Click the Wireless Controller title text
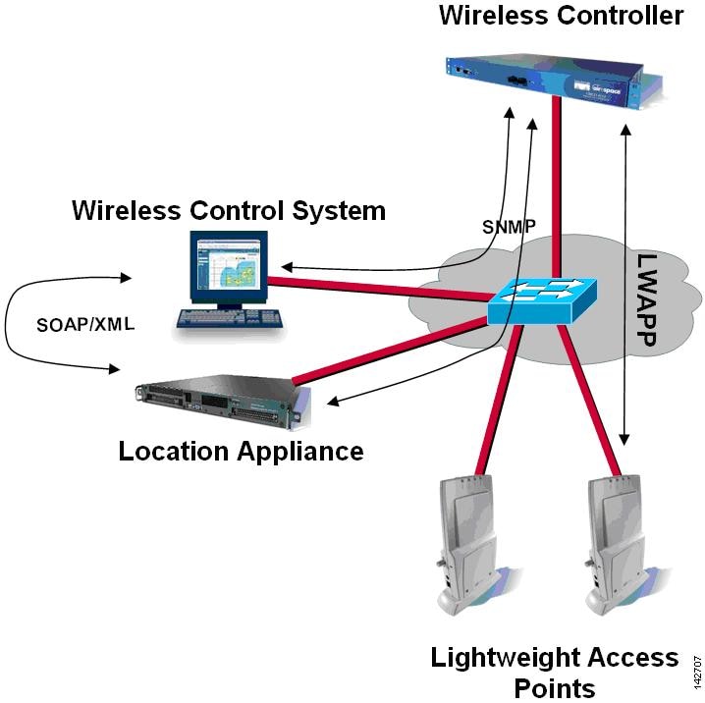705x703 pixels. pyautogui.click(x=561, y=17)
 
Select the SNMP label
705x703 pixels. pyautogui.click(x=509, y=226)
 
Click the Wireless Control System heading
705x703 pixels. pyautogui.click(x=229, y=210)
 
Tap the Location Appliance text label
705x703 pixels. pyautogui.click(x=241, y=451)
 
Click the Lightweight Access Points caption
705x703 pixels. pyautogui.click(x=555, y=672)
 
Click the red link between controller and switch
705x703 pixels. pyautogui.click(x=557, y=187)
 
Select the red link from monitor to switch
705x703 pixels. pyautogui.click(x=373, y=287)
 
